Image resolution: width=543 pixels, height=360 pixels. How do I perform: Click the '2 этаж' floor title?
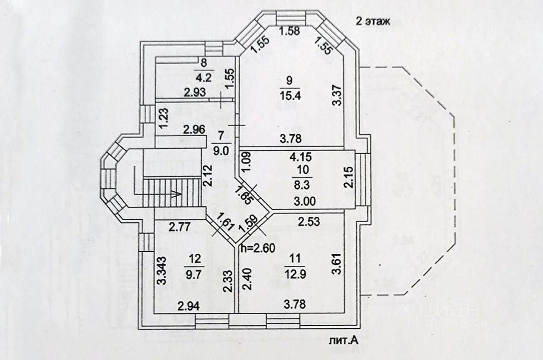(x=372, y=22)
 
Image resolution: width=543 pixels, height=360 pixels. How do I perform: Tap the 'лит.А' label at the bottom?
(x=347, y=340)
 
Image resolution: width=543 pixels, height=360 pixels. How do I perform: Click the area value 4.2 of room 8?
(x=204, y=78)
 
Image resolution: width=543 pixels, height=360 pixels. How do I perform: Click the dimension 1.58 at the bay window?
(x=291, y=30)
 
